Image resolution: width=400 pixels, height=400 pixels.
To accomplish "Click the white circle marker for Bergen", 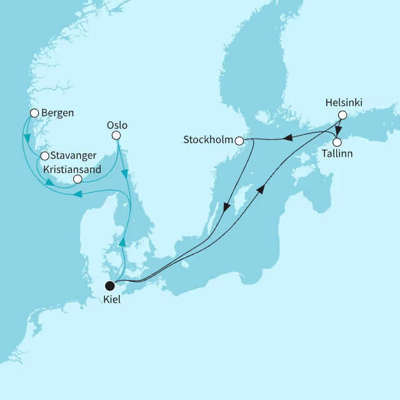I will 34,113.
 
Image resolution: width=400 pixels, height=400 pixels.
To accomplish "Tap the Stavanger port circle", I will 44,156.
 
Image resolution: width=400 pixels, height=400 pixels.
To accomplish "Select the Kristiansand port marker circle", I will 77,179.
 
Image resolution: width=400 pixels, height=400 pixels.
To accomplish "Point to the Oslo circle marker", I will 116,136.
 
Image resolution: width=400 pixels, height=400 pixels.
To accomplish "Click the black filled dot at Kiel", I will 110,286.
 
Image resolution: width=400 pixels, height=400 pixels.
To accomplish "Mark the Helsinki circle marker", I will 342,115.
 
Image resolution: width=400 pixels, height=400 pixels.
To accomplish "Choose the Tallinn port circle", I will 337,141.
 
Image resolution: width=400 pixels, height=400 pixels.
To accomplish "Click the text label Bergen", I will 57,113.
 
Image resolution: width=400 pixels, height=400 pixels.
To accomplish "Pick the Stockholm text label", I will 208,140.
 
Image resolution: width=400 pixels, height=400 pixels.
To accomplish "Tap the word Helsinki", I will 344,102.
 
